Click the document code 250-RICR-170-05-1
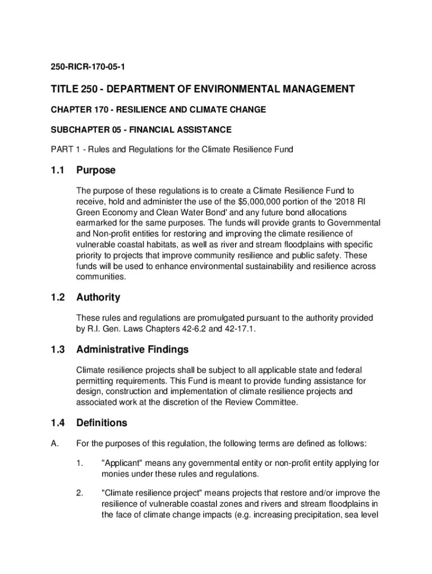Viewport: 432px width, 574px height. click(88, 67)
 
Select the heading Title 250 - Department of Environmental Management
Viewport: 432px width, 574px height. click(203, 89)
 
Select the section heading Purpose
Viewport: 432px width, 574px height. click(96, 170)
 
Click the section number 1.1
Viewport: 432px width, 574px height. click(58, 170)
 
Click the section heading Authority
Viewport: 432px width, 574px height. click(98, 297)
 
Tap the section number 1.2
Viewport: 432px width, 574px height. click(58, 297)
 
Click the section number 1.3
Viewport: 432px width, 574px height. click(58, 350)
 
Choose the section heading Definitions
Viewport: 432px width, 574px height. click(102, 423)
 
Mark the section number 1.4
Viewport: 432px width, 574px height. click(58, 423)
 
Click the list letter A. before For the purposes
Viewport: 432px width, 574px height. click(55, 444)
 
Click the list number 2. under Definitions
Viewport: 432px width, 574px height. click(80, 493)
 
